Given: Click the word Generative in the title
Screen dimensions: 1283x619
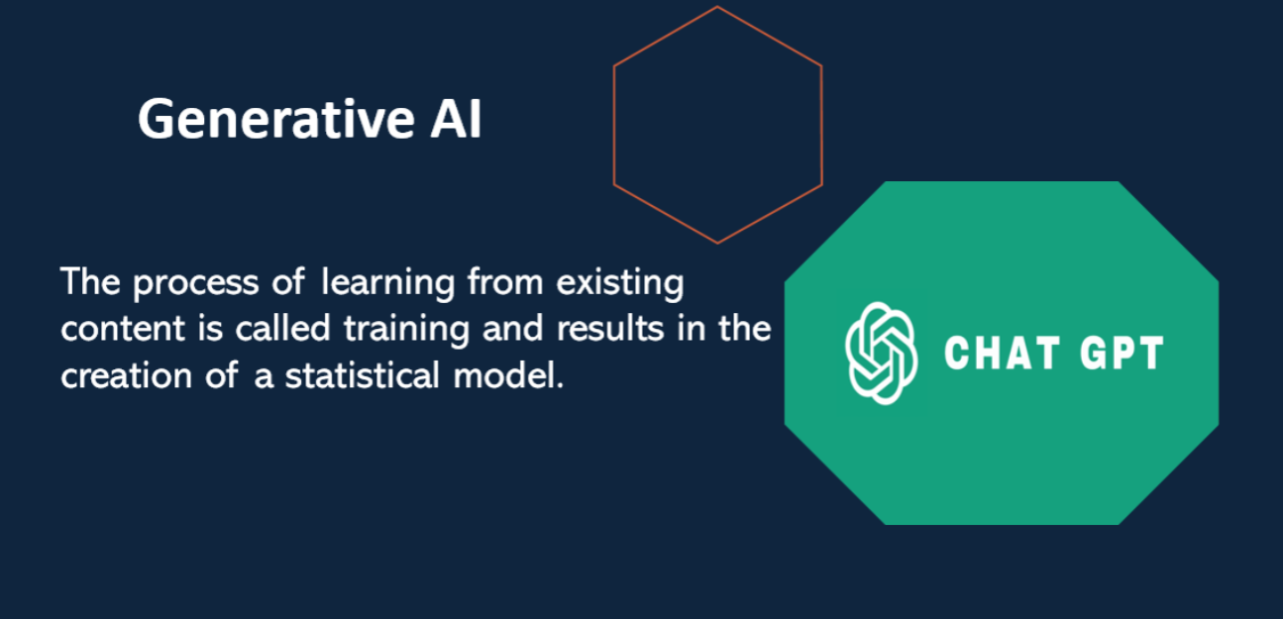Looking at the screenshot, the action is pyautogui.click(x=276, y=119).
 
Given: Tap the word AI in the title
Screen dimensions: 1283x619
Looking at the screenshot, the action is pyautogui.click(x=456, y=119).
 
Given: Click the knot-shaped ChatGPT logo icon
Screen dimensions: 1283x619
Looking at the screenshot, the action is pyautogui.click(x=881, y=354).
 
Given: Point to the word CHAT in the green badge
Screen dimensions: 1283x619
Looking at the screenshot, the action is pyautogui.click(x=1002, y=353).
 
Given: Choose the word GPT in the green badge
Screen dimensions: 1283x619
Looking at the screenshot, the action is pyautogui.click(x=1122, y=353).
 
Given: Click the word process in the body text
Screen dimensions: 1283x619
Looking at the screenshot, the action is pyautogui.click(x=196, y=284).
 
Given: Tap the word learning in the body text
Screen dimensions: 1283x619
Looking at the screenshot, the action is pyautogui.click(x=387, y=283).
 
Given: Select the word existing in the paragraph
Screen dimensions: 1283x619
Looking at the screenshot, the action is pyautogui.click(x=620, y=283).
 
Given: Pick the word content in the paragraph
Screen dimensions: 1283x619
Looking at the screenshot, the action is pyautogui.click(x=123, y=329).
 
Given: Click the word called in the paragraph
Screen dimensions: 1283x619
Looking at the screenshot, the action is pyautogui.click(x=282, y=328).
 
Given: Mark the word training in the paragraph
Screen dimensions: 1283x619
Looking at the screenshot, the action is pyautogui.click(x=406, y=330).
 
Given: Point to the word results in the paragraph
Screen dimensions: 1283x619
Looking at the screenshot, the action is pyautogui.click(x=610, y=328).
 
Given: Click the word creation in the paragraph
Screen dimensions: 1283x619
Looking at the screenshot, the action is pyautogui.click(x=126, y=375).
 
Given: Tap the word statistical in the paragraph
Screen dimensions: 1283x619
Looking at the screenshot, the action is pyautogui.click(x=362, y=375).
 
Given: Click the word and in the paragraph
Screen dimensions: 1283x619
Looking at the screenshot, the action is pyautogui.click(x=512, y=328).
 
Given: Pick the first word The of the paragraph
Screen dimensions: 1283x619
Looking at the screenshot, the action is pyautogui.click(x=90, y=281).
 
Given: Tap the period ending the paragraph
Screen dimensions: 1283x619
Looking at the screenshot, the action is pyautogui.click(x=560, y=386).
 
